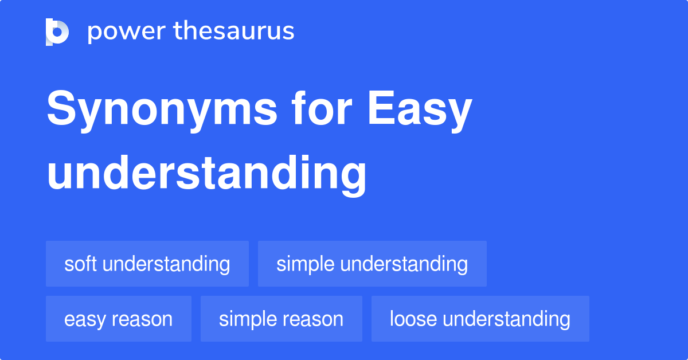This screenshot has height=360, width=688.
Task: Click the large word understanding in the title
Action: (x=206, y=174)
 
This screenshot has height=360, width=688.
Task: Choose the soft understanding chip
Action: (x=147, y=264)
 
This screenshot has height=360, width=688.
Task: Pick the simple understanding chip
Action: (x=372, y=264)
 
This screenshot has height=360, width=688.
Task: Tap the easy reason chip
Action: (x=119, y=319)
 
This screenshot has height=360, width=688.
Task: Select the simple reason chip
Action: (x=281, y=319)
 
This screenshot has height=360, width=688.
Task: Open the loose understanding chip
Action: (x=480, y=319)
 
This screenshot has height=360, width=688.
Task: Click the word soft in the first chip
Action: (x=80, y=264)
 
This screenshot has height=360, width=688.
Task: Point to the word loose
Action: (x=413, y=319)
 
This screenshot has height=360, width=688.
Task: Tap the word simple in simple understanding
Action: (x=306, y=264)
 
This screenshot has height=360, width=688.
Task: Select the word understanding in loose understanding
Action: (x=507, y=319)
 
